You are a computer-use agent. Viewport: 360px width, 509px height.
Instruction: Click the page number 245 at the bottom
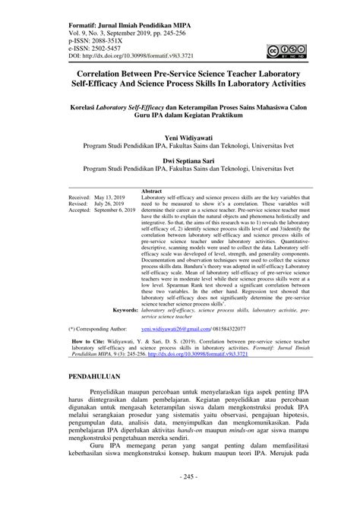[x=180, y=498]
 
